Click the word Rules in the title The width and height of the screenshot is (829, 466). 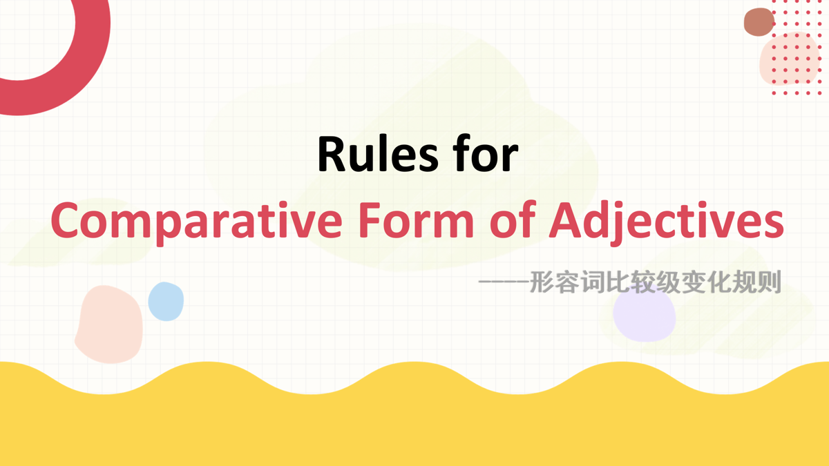378,154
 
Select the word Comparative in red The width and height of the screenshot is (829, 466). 196,222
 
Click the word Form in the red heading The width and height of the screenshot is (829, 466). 417,220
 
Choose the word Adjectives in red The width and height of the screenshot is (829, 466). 667,222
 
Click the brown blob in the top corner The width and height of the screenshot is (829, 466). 759,22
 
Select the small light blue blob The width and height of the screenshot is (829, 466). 166,302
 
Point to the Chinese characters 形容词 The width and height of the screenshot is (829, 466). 566,282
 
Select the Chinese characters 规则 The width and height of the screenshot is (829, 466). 756,282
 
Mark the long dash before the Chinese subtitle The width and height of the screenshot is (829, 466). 504,282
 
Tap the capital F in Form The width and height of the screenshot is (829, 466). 370,220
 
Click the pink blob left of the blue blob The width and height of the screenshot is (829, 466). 109,324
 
